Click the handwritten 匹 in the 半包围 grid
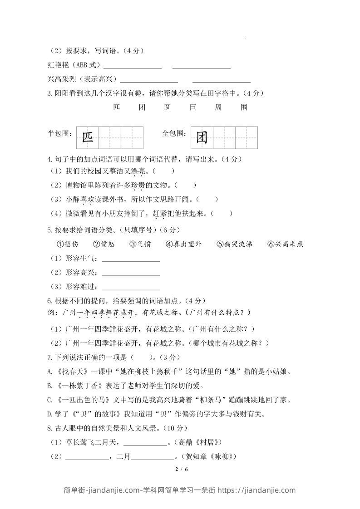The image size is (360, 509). point(87,137)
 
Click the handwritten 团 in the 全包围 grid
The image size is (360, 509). point(202,137)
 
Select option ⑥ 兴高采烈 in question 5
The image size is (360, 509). point(285,244)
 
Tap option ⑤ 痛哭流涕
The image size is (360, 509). point(235,244)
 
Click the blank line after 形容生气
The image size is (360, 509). point(131,260)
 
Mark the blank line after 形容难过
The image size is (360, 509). point(131,288)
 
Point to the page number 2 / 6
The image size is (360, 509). point(181,469)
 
